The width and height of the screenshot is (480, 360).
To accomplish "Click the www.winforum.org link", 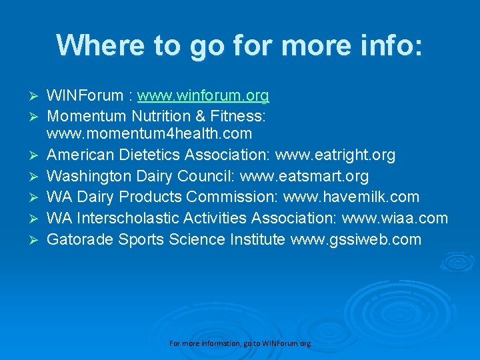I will coord(203,96).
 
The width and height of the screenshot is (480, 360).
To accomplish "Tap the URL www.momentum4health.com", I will coord(149,134).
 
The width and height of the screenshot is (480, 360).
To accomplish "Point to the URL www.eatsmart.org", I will coord(304,177).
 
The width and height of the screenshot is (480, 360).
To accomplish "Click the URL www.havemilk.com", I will coord(351,197).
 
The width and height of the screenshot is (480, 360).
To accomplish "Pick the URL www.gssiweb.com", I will coord(356,239).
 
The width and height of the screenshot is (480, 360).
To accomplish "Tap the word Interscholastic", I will coord(131,218).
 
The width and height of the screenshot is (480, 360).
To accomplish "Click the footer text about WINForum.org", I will coord(240,343).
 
